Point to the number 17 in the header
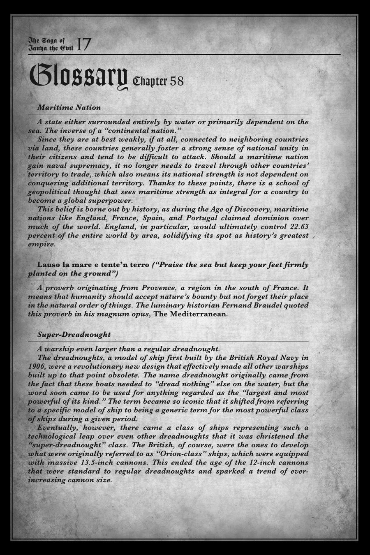click(x=84, y=44)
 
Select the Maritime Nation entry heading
click(x=69, y=108)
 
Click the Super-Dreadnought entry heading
click(x=74, y=335)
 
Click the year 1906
click(x=37, y=366)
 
